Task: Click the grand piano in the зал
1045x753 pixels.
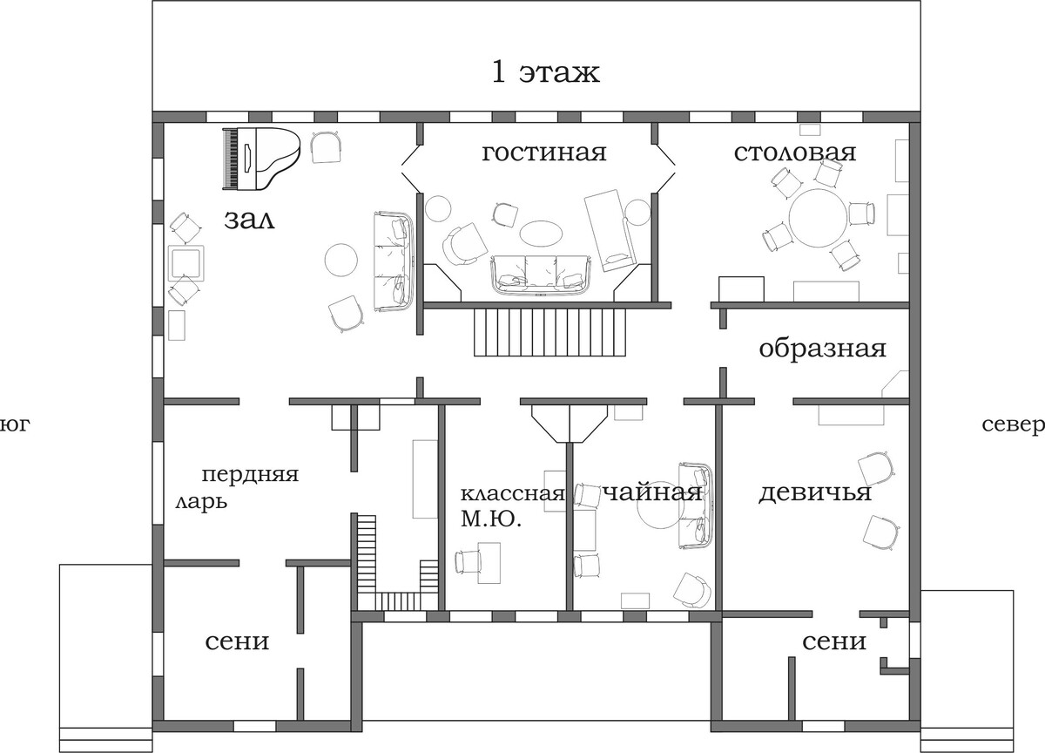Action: coord(260,159)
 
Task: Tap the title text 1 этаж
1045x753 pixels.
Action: coord(546,73)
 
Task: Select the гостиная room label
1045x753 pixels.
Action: coord(544,153)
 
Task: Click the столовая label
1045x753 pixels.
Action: coord(795,153)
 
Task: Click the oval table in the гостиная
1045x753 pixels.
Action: coord(541,233)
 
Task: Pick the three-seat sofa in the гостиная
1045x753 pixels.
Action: coord(541,275)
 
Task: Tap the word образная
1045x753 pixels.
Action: coord(822,349)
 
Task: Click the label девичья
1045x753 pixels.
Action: coord(814,493)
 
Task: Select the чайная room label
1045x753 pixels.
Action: coord(653,493)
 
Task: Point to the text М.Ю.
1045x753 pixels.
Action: coord(491,519)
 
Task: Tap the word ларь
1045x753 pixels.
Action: coord(201,503)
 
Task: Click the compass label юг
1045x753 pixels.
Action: coord(14,424)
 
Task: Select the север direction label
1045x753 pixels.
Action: coord(1014,424)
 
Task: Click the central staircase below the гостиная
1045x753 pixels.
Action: coord(550,332)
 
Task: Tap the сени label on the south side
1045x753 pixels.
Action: coord(237,642)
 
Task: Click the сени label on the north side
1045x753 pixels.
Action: coord(834,642)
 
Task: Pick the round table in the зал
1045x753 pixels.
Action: coord(341,260)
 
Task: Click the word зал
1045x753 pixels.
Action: coord(250,220)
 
